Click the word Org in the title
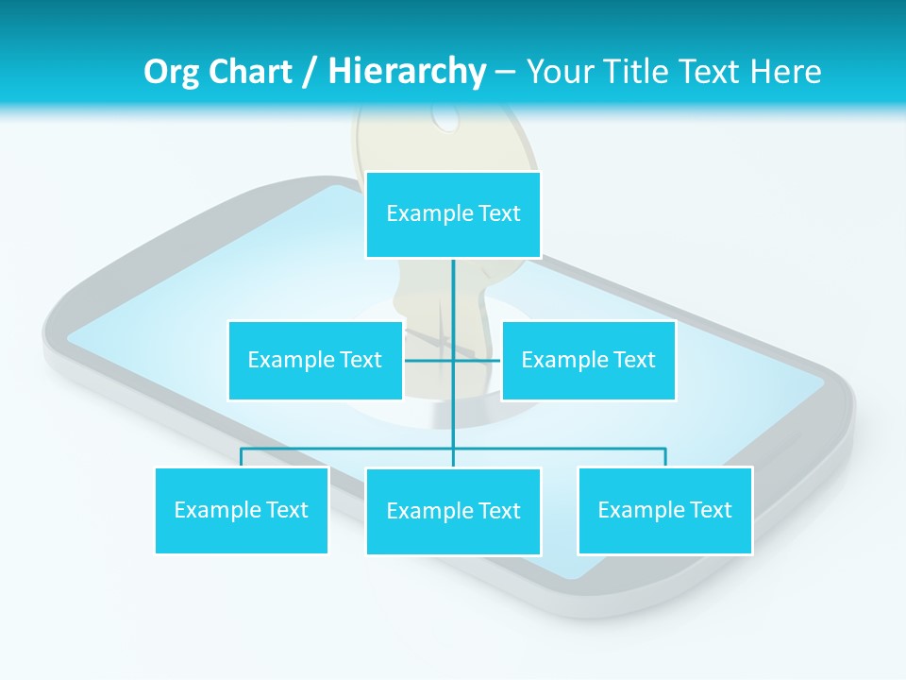click(171, 72)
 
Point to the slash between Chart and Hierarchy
click(310, 72)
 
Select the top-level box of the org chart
click(453, 214)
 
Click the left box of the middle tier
click(315, 360)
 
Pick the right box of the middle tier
click(588, 360)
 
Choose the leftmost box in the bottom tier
click(242, 510)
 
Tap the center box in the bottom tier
click(453, 511)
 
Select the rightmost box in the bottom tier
click(664, 510)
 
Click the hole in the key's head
click(445, 115)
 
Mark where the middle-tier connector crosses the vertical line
click(453, 360)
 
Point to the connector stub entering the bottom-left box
click(242, 458)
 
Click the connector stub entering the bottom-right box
click(665, 458)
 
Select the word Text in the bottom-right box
click(710, 510)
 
